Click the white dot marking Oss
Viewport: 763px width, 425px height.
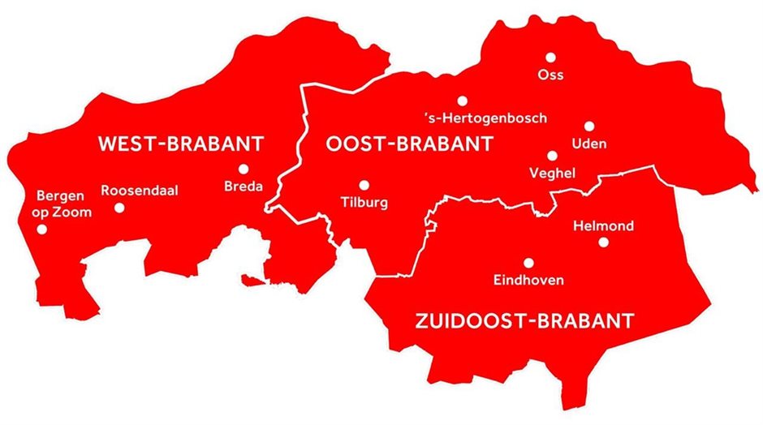tap(550, 57)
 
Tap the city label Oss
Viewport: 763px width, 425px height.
tap(550, 75)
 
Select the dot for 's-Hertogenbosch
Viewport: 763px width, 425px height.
tap(462, 101)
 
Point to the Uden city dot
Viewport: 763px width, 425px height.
tap(588, 126)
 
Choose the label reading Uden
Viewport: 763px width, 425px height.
tap(589, 144)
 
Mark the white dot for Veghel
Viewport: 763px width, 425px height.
tap(552, 155)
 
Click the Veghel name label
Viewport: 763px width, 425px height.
tap(552, 173)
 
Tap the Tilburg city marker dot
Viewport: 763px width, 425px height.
tap(364, 185)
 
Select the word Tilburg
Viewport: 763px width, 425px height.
tap(364, 203)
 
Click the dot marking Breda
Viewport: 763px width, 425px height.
tap(243, 169)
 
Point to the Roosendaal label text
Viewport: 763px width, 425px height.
tap(140, 191)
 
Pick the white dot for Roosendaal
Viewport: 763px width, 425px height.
tap(119, 208)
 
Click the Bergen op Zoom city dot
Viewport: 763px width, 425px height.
tap(42, 229)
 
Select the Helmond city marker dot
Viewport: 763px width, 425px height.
tap(603, 242)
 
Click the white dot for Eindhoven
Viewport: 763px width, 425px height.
tap(528, 263)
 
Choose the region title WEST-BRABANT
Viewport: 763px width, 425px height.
tap(180, 145)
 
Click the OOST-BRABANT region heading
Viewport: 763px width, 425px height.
tap(409, 145)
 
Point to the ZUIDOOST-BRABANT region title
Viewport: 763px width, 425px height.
tap(519, 320)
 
